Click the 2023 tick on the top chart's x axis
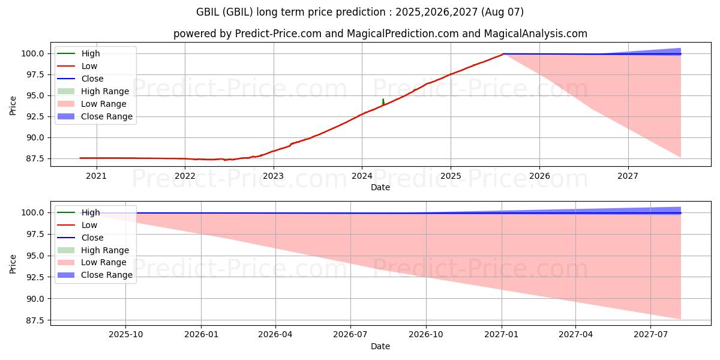click(x=274, y=176)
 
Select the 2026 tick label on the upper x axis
click(x=539, y=176)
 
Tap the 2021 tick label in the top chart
click(x=96, y=176)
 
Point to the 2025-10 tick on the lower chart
click(x=125, y=335)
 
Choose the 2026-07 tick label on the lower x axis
click(x=350, y=335)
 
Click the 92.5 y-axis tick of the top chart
click(x=34, y=116)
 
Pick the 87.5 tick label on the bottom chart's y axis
click(x=34, y=320)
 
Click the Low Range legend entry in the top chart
click(x=104, y=104)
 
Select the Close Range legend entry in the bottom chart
click(x=107, y=275)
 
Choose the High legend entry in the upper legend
click(x=91, y=53)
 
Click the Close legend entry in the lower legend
click(x=92, y=238)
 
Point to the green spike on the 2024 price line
click(x=383, y=101)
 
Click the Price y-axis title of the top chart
click(x=13, y=106)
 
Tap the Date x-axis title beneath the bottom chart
click(x=380, y=346)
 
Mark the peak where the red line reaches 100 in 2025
click(x=503, y=54)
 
